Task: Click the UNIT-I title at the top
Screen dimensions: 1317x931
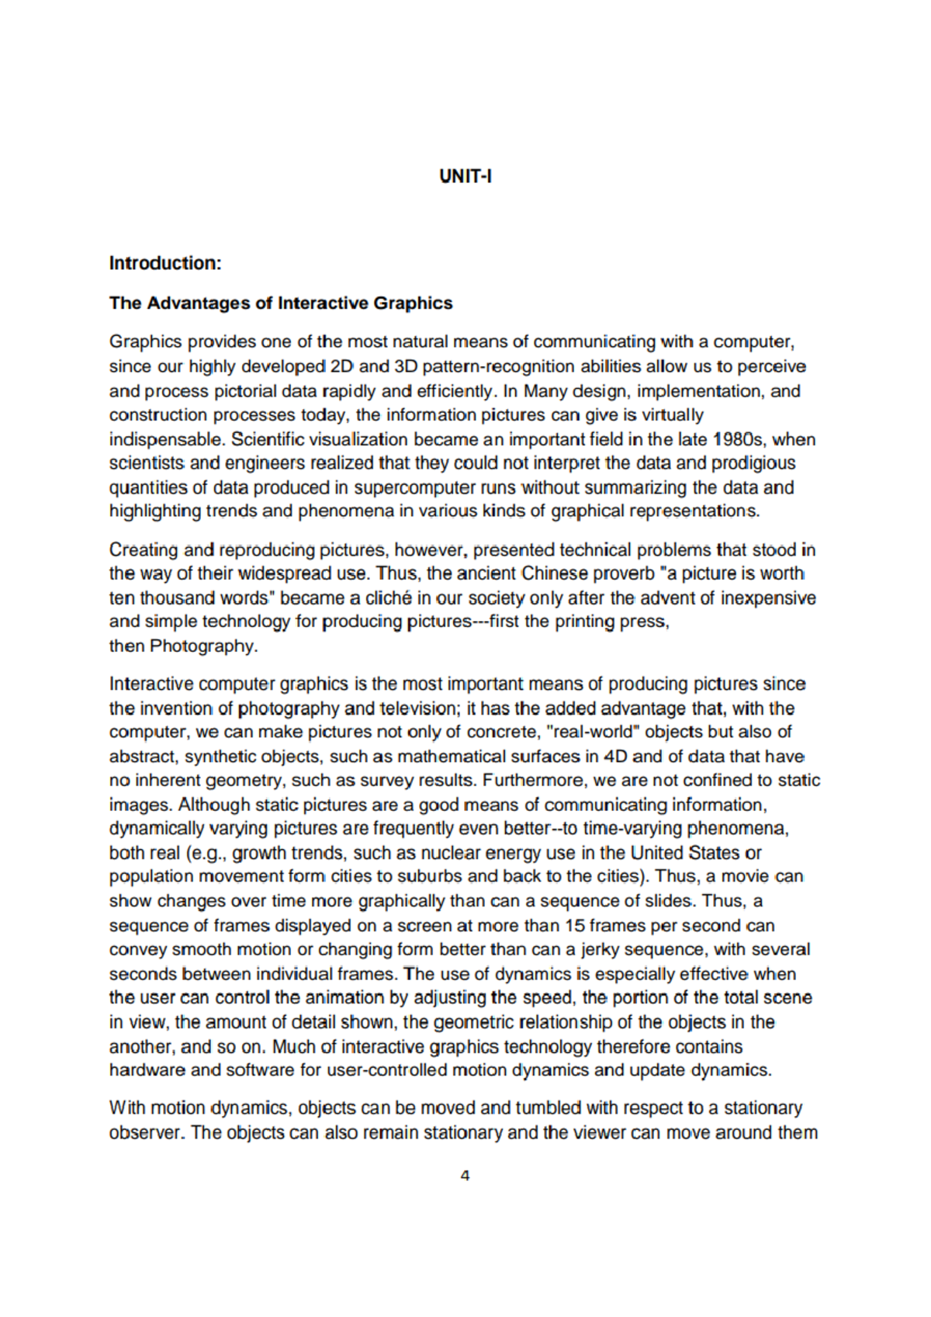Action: (x=465, y=176)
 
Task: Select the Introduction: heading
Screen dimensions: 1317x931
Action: (x=165, y=263)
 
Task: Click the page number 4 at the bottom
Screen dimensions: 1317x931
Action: (x=465, y=1176)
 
